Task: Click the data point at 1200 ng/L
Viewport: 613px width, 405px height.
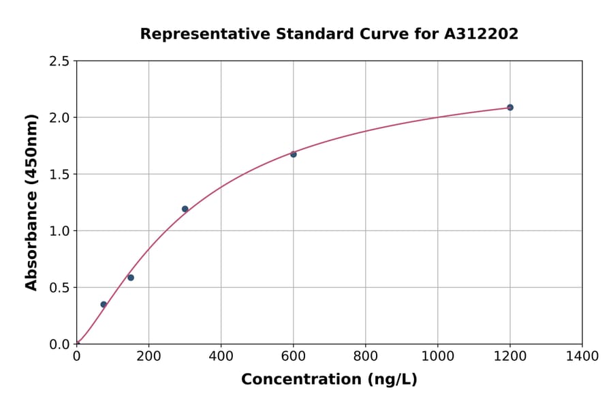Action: [x=509, y=108]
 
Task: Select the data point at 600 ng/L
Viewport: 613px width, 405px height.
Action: [x=294, y=154]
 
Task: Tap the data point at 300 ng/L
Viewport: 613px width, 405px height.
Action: [x=185, y=209]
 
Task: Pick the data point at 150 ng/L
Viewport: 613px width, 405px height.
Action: [x=131, y=277]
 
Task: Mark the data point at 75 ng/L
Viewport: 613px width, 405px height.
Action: [x=104, y=304]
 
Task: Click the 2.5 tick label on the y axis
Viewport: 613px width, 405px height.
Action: [x=60, y=61]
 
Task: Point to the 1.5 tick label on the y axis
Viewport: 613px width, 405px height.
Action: [x=60, y=175]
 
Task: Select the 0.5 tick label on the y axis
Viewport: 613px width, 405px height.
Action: [x=60, y=288]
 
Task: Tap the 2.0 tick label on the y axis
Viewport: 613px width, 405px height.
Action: [x=60, y=118]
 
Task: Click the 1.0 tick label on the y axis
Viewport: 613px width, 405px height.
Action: [x=60, y=231]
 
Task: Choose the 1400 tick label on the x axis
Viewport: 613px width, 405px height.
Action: [x=582, y=357]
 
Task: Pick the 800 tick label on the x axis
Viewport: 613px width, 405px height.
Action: [x=365, y=357]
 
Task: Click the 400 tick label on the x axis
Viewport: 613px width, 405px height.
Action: [x=221, y=357]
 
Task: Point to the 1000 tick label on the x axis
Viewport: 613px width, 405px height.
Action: [x=437, y=357]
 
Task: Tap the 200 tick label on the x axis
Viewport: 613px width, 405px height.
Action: [x=148, y=357]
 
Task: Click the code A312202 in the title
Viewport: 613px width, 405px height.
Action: [x=481, y=34]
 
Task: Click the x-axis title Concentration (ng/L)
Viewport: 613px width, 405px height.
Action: [x=329, y=380]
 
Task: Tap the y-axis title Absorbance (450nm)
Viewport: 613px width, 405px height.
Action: [x=31, y=202]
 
